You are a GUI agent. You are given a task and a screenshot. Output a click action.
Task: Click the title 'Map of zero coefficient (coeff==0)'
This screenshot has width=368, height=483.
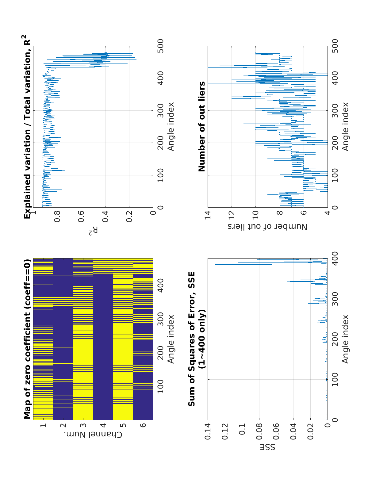(27, 339)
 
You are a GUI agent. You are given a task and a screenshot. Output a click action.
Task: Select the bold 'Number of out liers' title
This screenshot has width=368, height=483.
(202, 126)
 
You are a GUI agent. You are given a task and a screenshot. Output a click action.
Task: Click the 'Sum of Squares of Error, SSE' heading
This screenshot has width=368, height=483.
(192, 339)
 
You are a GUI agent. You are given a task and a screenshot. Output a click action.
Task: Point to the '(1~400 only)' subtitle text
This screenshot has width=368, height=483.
(202, 339)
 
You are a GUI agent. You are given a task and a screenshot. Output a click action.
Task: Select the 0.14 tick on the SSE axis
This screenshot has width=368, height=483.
(208, 431)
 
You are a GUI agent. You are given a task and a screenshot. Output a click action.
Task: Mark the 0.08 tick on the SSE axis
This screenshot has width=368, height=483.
(259, 431)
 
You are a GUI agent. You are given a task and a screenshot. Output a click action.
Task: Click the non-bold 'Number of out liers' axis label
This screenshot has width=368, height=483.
(267, 227)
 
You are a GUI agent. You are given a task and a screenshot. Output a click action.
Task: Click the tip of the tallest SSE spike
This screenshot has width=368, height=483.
(215, 265)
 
